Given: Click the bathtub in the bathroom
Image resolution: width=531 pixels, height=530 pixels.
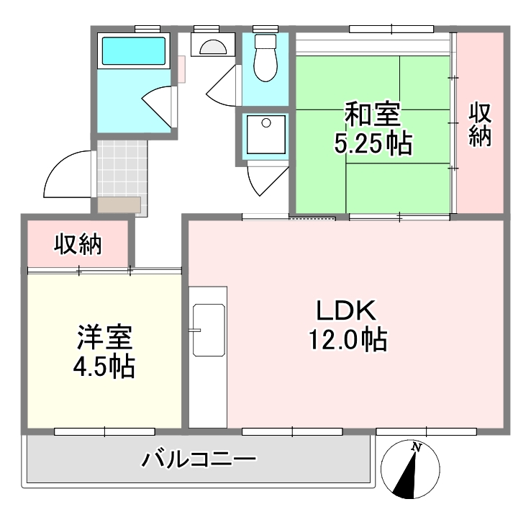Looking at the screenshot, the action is click(x=134, y=51).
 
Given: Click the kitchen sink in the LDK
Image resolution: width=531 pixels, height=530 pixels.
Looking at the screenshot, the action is click(x=209, y=330).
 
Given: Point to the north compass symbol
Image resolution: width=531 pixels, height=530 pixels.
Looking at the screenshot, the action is click(x=410, y=470).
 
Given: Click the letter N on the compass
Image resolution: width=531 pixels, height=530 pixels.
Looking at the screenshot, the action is click(x=416, y=447).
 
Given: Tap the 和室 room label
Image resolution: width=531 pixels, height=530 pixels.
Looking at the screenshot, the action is click(x=373, y=114).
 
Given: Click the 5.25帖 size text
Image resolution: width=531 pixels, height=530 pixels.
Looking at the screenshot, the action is click(x=373, y=143).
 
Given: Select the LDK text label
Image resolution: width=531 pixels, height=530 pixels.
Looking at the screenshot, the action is click(x=346, y=310).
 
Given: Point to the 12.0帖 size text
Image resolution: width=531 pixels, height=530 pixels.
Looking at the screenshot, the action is click(x=348, y=340).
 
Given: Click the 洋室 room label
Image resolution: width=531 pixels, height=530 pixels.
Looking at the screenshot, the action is click(x=104, y=337).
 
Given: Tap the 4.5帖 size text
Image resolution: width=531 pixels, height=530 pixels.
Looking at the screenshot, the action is click(x=104, y=366).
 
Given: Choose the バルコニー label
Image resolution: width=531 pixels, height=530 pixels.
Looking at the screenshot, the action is click(x=199, y=459).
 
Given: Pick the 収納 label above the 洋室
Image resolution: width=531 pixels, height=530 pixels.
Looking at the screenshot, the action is click(x=78, y=243).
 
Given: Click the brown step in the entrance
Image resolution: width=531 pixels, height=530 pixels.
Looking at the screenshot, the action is click(x=119, y=205).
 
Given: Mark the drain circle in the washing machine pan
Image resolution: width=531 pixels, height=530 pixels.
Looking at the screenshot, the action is click(x=266, y=123).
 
